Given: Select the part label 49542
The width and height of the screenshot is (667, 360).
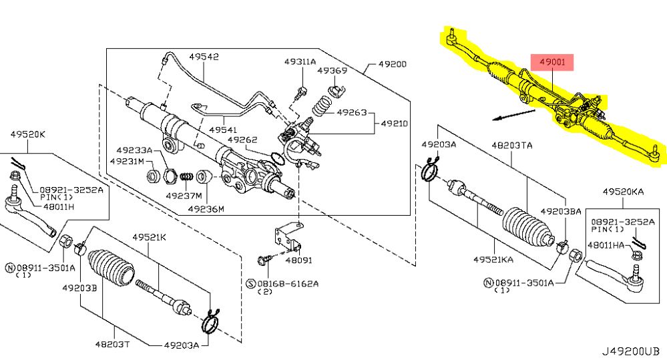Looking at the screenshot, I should (203, 57).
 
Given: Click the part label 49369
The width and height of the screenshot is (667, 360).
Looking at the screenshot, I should (332, 70).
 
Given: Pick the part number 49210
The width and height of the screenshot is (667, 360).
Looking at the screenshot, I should (395, 124).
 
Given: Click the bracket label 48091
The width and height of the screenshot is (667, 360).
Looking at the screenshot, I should (298, 260).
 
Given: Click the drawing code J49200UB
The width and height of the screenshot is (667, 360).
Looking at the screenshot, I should (632, 349).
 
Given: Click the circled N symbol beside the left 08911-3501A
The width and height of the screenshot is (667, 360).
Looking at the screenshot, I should (10, 268).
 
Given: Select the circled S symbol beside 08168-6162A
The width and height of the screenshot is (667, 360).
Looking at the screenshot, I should (251, 283).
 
